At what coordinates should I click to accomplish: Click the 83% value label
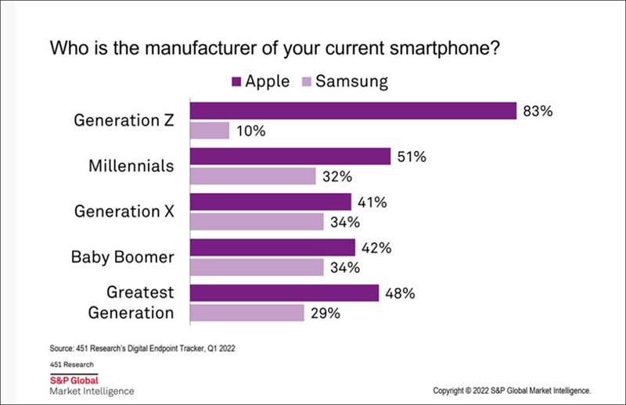tap(538, 111)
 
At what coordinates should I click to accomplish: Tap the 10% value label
tap(250, 131)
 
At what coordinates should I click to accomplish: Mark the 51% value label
tap(411, 157)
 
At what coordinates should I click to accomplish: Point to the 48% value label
tap(399, 293)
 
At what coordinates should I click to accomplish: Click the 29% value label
tap(326, 314)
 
